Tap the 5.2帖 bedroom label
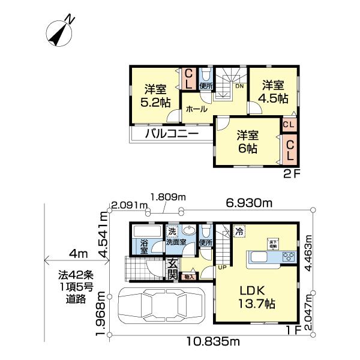pos(154,95)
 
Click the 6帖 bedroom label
pos(246,142)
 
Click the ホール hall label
pos(196,109)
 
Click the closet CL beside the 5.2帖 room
pos(188,79)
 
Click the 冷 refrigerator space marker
pos(239,230)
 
